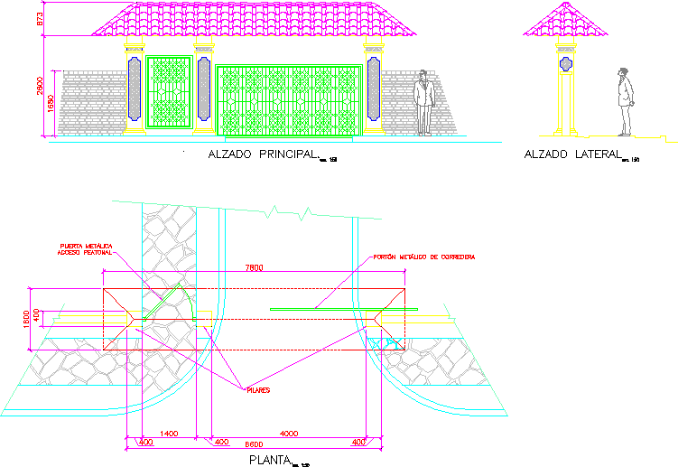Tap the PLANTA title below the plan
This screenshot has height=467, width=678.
(x=269, y=459)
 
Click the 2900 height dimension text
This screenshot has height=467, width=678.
(x=41, y=88)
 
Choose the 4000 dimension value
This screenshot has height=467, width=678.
(x=289, y=434)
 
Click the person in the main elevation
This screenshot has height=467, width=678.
(x=423, y=102)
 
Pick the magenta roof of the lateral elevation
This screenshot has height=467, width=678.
(x=565, y=23)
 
